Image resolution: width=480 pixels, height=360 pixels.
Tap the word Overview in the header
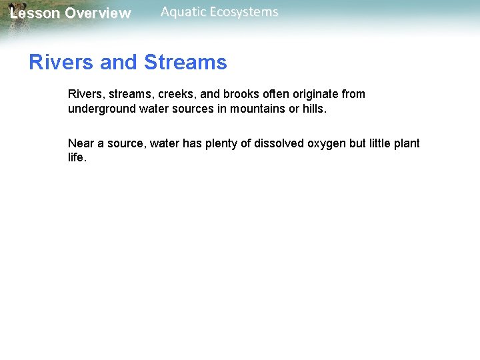(98, 13)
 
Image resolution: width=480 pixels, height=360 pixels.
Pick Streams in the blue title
(185, 63)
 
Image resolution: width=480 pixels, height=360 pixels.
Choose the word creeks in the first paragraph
(175, 94)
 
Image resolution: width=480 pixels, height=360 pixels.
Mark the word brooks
(237, 94)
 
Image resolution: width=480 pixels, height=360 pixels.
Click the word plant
(407, 143)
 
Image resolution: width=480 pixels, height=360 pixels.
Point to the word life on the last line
(76, 158)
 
